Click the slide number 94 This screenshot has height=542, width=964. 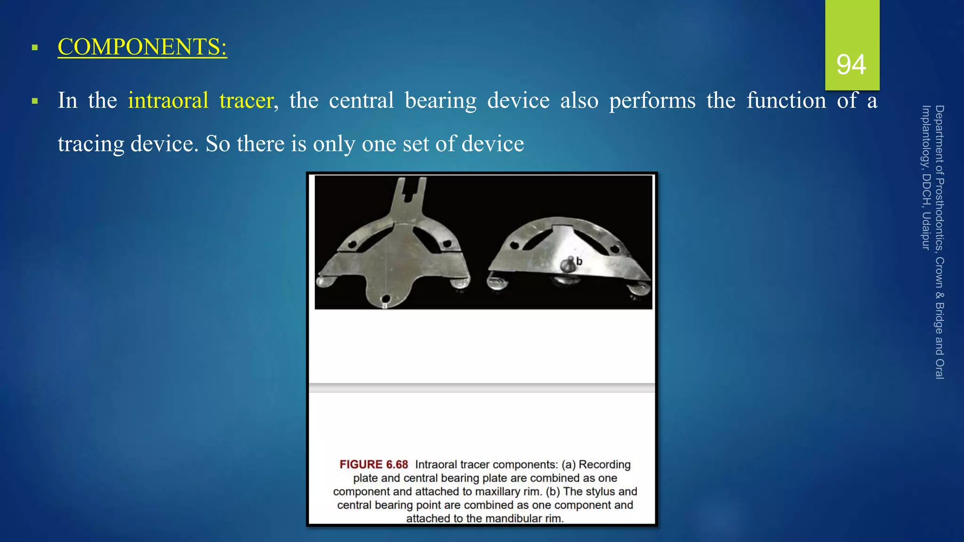[851, 64]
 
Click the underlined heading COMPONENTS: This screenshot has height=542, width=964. [142, 47]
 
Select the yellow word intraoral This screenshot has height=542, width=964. [168, 100]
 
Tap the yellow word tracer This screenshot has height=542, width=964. [247, 100]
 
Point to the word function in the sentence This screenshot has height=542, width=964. [786, 100]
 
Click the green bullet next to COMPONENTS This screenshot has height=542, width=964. [34, 48]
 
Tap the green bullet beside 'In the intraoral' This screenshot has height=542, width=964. [34, 101]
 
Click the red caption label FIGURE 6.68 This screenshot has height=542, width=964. [374, 464]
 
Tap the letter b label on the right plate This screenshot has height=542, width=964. [579, 261]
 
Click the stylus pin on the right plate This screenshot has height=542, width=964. [568, 263]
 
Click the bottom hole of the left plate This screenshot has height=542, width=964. [386, 298]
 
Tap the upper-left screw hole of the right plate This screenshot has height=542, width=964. [515, 245]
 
